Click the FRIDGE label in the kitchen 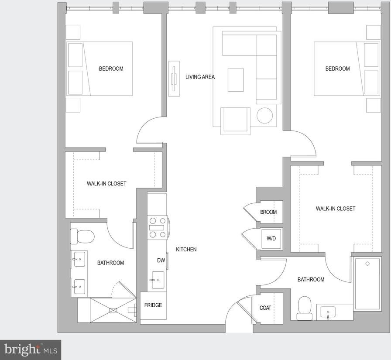pos(153,305)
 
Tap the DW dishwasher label pos(161,261)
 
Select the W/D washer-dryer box pos(271,239)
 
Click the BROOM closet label pos(268,212)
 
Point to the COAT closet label pos(265,308)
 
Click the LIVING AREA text pos(200,77)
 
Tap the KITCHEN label pos(186,249)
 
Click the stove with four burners pos(158,228)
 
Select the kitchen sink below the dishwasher pos(158,280)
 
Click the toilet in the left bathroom pos(82,237)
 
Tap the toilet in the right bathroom pos(305,308)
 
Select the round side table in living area pos(265,116)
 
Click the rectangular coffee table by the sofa pos(235,80)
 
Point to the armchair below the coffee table pos(235,121)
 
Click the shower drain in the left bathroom pos(113,310)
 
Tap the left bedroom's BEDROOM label pos(111,69)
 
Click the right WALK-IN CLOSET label pos(336,209)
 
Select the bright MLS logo pos(31,350)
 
